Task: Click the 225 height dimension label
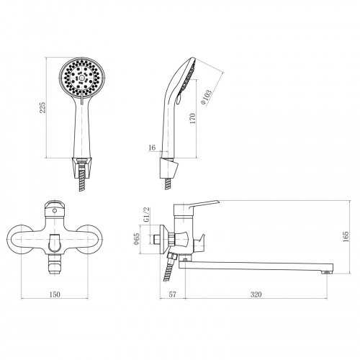[x=42, y=108]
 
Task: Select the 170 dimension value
[x=193, y=118]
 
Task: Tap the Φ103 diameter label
[x=206, y=97]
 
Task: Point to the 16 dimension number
[x=152, y=148]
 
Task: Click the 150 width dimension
[x=55, y=294]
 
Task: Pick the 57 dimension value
[x=173, y=294]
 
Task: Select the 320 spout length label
[x=256, y=294]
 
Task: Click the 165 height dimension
[x=346, y=237]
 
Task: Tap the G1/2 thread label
[x=146, y=215]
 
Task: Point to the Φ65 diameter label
[x=137, y=239]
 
